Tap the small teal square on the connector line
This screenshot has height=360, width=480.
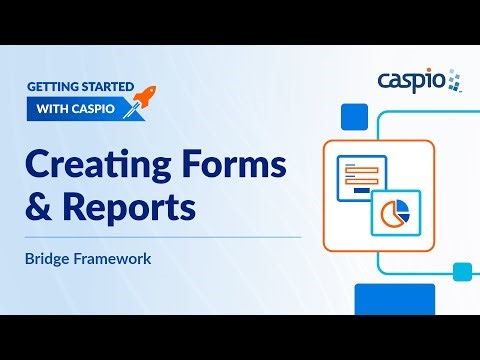461,271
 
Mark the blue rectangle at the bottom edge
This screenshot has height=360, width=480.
395,298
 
